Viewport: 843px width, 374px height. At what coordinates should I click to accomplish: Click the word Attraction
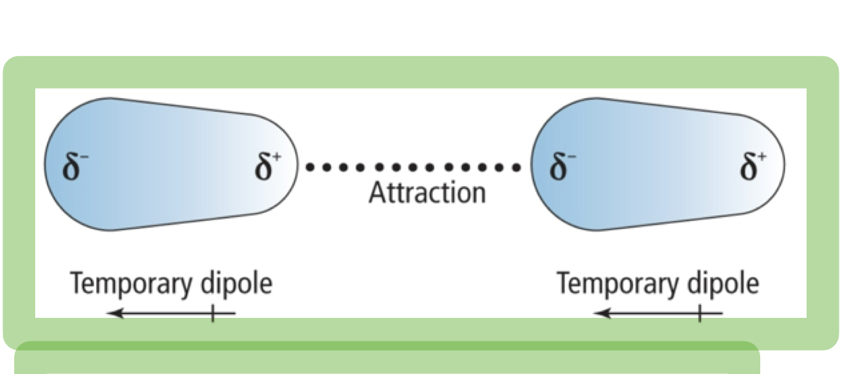click(427, 193)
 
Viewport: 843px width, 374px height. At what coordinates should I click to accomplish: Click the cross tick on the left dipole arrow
click(212, 314)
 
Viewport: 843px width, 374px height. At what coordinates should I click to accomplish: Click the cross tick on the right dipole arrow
click(699, 314)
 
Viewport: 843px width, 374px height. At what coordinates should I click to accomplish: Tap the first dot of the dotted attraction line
click(311, 167)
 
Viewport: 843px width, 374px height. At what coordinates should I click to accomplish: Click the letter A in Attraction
click(376, 193)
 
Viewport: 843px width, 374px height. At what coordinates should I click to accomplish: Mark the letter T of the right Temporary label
click(563, 285)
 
